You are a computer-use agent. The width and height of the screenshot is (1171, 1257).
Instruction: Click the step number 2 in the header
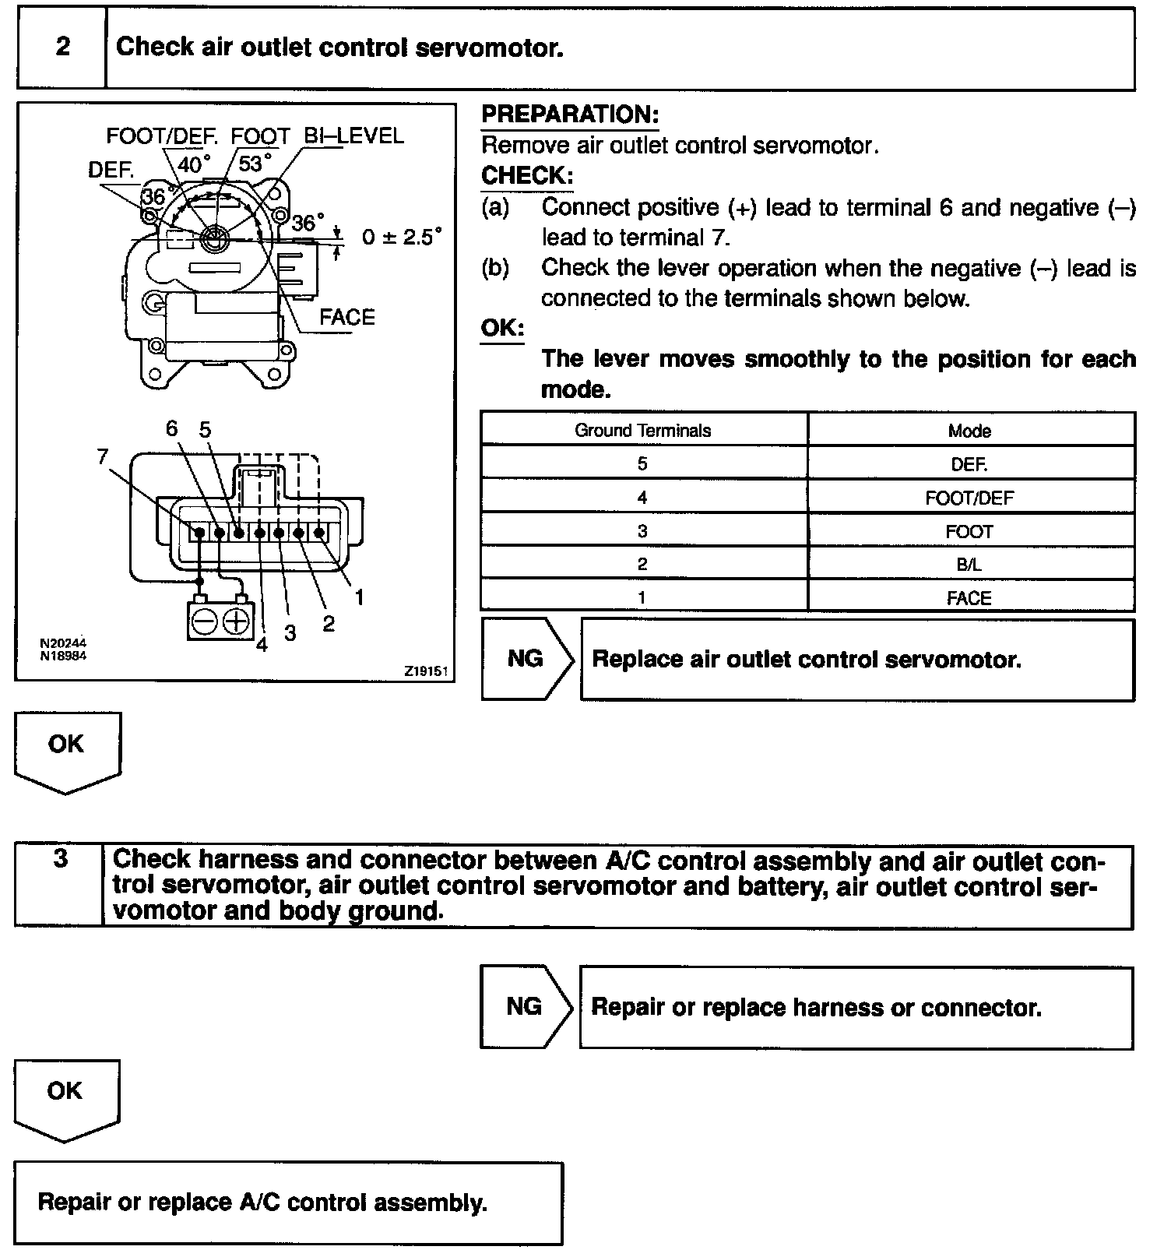click(62, 47)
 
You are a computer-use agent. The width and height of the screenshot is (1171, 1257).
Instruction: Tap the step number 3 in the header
click(60, 859)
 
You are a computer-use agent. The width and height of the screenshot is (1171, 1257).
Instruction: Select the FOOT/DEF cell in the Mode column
click(969, 498)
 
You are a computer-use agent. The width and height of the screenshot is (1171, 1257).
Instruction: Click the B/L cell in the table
click(969, 565)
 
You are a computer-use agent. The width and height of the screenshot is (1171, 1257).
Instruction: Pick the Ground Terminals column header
click(643, 431)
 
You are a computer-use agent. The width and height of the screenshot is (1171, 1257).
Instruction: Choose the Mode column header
click(969, 431)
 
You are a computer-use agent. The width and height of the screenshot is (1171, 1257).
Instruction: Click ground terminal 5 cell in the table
click(642, 464)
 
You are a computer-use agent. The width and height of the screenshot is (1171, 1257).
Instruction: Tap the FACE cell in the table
click(969, 598)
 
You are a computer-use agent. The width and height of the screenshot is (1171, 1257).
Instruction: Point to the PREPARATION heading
click(570, 114)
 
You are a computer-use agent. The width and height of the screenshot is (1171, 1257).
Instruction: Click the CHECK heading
click(527, 176)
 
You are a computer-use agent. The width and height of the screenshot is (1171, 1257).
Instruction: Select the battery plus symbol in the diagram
click(236, 621)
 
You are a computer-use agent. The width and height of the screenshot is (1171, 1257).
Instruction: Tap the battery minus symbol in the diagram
click(204, 621)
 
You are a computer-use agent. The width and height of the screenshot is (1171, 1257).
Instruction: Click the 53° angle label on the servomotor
click(255, 164)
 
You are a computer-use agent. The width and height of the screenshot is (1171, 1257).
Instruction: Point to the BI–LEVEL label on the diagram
click(354, 136)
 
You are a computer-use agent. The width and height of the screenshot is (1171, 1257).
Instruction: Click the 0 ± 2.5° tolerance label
click(402, 237)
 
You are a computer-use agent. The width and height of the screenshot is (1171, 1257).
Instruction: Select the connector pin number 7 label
click(103, 457)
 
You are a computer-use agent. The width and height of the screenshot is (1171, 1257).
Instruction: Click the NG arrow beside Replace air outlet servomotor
click(526, 659)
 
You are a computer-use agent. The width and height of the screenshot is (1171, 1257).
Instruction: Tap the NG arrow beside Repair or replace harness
click(525, 1006)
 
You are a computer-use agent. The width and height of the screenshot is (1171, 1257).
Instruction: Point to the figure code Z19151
click(427, 671)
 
